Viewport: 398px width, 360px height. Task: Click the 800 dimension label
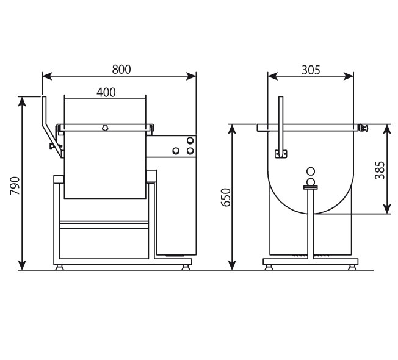click(121, 70)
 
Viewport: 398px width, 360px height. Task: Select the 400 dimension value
click(106, 93)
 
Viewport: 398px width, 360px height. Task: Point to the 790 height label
click(15, 185)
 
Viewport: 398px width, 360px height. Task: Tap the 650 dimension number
click(226, 197)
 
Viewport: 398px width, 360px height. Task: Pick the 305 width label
click(311, 70)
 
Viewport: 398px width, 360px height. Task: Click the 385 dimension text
click(380, 170)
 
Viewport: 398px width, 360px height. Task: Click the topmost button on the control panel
click(190, 140)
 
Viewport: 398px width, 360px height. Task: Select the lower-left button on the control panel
click(176, 151)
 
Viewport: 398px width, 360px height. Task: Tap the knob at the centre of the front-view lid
click(104, 128)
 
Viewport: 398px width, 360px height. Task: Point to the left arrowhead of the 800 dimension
click(47, 76)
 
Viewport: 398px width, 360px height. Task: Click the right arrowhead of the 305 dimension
click(348, 76)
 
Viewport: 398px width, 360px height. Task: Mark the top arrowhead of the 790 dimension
click(23, 101)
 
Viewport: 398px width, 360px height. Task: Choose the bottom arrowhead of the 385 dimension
click(387, 209)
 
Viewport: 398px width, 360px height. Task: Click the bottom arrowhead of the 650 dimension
click(232, 265)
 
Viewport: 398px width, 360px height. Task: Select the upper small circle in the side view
click(311, 171)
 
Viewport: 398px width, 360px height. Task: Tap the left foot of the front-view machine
click(59, 267)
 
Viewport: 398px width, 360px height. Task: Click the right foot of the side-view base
click(352, 267)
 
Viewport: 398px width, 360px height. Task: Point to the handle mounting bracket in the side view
click(281, 154)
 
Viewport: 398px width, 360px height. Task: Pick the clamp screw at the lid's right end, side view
click(363, 128)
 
